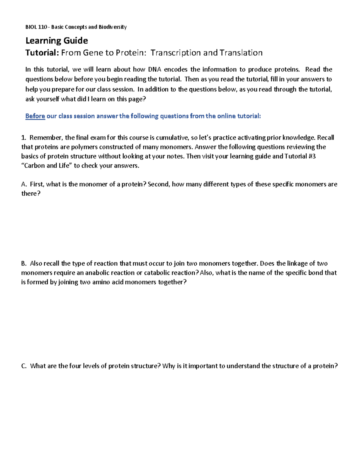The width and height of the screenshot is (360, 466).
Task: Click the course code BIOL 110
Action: (36, 27)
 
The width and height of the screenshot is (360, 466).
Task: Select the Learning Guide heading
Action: (57, 41)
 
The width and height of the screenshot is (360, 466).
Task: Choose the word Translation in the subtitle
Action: (241, 53)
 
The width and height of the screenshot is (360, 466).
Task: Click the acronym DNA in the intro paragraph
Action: (154, 70)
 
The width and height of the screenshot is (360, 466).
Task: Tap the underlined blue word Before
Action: (35, 116)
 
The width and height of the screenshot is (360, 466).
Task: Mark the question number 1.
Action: (23, 138)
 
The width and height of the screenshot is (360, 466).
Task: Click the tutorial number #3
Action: (312, 156)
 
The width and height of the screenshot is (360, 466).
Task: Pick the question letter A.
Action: (24, 184)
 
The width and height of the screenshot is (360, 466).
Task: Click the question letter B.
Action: (24, 263)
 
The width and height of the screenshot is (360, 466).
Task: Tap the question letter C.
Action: (24, 366)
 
